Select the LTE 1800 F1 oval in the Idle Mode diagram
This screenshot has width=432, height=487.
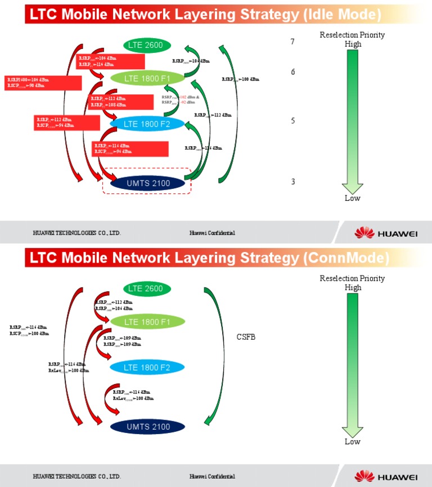147,78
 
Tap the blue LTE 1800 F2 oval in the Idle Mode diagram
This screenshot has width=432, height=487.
147,124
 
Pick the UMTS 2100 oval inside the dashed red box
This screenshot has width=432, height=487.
147,182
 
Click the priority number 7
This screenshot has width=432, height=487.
292,42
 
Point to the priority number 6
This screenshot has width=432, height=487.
292,72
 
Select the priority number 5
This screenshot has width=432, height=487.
292,121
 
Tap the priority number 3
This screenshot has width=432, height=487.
292,182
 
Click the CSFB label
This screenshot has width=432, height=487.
246,337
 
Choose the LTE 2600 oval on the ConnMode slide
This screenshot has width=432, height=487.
146,288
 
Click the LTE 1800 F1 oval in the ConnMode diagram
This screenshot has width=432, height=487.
147,322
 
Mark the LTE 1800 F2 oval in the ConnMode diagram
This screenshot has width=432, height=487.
147,368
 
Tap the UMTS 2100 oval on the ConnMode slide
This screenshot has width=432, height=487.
148,427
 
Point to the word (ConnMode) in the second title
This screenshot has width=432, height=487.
346,258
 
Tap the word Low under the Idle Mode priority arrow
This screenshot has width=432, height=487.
353,198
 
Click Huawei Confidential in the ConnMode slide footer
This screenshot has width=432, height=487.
212,477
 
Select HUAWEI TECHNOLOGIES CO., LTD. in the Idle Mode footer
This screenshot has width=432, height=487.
76,233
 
